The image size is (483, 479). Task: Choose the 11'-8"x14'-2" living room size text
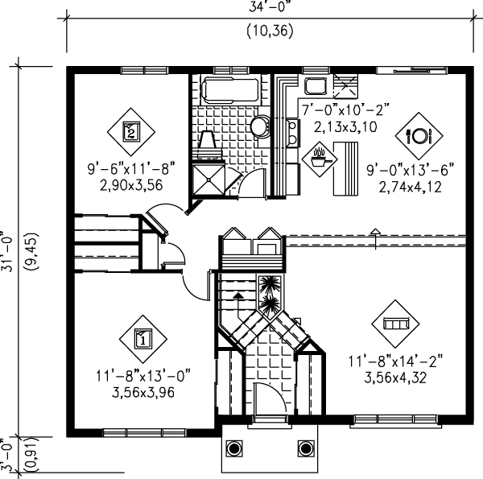click(395, 361)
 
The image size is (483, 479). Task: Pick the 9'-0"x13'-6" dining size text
click(411, 170)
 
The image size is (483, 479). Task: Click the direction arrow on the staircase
click(237, 295)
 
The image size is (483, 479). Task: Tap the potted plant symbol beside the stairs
click(269, 287)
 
